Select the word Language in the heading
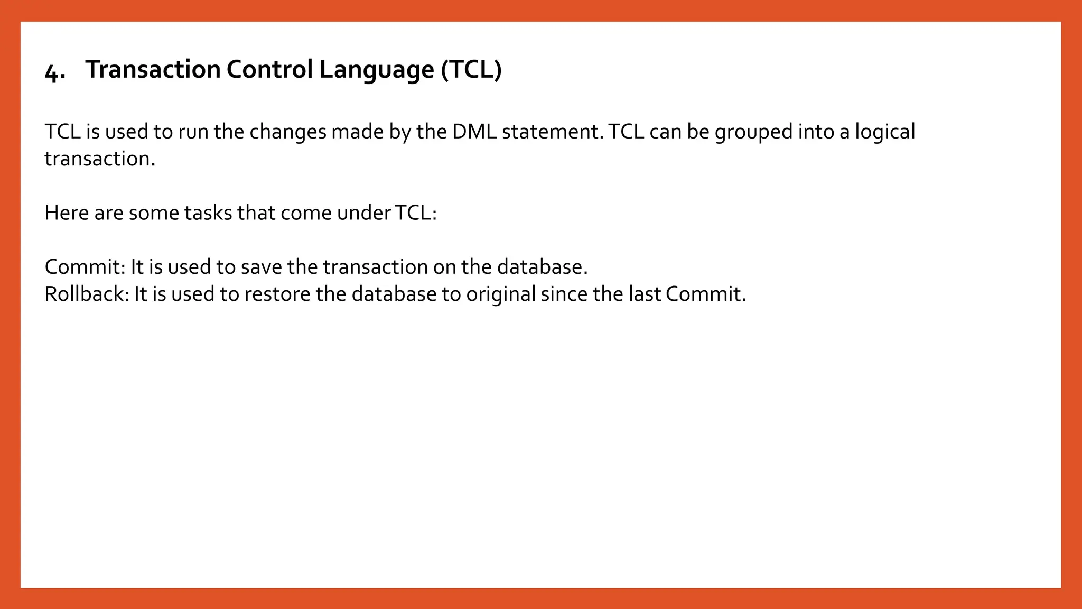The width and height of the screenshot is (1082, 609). point(376,69)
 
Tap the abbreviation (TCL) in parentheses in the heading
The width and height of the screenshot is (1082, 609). point(471,69)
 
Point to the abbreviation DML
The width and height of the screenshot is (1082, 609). point(474,132)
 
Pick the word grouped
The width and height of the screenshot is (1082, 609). point(753,132)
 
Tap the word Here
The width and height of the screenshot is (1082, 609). point(67,213)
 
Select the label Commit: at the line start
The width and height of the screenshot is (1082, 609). point(85,267)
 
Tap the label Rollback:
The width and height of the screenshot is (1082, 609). point(87,294)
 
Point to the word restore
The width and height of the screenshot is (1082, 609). point(277,294)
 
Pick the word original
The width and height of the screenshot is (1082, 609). point(501,294)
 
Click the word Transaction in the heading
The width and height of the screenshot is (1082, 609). point(153,69)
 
